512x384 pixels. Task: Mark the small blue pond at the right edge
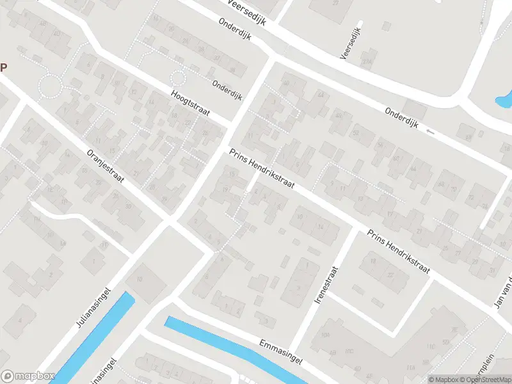pos(506,99)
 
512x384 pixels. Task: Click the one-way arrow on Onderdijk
pos(429,131)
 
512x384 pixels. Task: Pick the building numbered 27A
pos(366,62)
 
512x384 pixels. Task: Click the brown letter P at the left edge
pos(3,67)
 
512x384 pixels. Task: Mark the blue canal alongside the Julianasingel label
pos(96,339)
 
